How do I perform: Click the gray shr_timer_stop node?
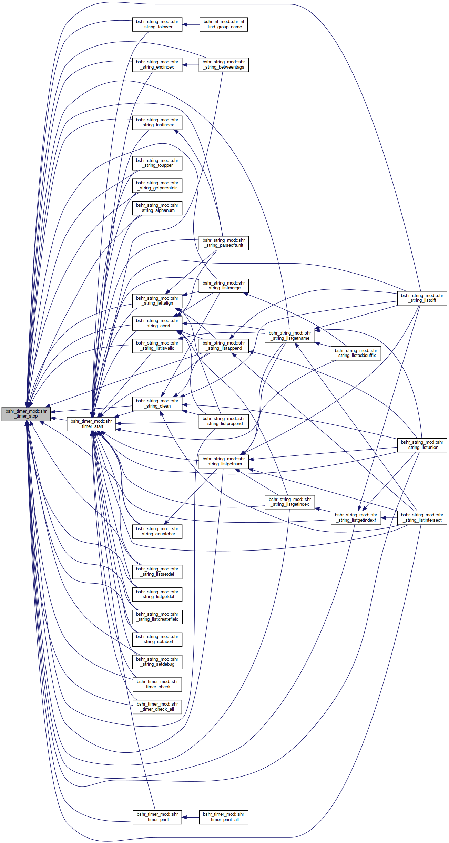coord(26,414)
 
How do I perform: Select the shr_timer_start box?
coord(91,424)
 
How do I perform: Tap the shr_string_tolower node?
coord(157,24)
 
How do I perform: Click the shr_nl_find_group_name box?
coord(224,24)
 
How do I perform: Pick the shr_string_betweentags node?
coord(224,65)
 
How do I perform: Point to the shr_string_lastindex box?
coord(157,123)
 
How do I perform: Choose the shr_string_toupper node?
coord(157,163)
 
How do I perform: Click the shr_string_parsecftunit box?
coord(224,243)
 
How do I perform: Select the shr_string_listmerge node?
coord(224,286)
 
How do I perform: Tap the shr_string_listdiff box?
coord(422,298)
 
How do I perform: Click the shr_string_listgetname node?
coord(290,336)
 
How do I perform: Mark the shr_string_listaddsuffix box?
coord(356,353)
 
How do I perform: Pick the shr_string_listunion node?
coord(422,445)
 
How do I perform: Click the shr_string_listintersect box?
coord(422,517)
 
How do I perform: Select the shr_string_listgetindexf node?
coord(356,517)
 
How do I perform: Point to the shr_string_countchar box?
coord(157,531)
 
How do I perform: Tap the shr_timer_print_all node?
coord(224,817)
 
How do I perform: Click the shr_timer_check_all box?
coord(157,707)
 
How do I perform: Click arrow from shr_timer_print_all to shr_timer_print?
coord(191,817)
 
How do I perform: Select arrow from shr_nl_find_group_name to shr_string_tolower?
coord(191,24)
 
